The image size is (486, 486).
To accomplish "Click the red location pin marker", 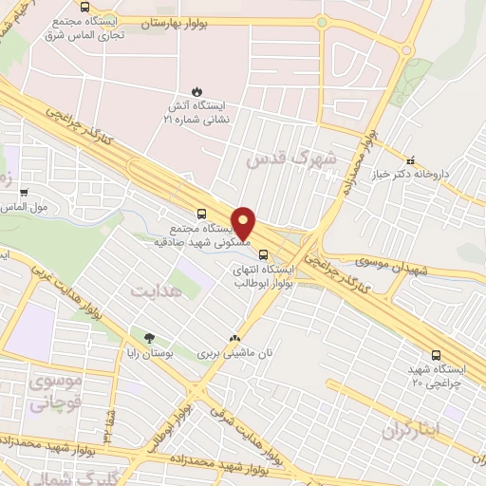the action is click(x=243, y=222).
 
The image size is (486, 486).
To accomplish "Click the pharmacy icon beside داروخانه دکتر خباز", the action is click(x=411, y=161).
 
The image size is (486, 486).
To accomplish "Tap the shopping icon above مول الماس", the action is click(x=24, y=191).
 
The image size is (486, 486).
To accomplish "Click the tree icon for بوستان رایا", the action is click(x=148, y=337).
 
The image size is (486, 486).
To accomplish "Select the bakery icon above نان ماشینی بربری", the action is click(x=234, y=337).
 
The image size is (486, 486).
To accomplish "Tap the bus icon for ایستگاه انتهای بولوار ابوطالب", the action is click(x=265, y=254).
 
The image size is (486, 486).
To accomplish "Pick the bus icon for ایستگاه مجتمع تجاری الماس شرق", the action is click(x=85, y=8).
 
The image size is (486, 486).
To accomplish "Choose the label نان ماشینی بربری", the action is click(x=234, y=352).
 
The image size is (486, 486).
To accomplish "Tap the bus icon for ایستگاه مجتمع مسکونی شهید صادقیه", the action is click(x=200, y=215).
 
